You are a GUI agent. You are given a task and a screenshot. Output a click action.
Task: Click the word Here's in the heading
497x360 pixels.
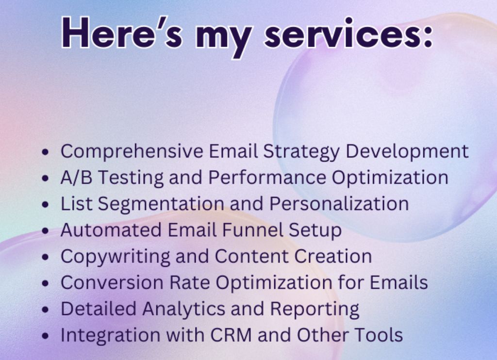point(122,33)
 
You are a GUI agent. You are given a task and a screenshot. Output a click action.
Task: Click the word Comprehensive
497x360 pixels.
point(132,151)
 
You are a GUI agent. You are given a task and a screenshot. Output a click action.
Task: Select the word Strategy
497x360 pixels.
point(301,151)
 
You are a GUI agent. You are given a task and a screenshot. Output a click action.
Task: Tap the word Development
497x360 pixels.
point(407,151)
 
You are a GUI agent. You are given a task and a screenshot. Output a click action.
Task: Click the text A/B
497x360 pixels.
point(76,177)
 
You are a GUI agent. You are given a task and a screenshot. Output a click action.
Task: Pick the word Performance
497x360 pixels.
point(267,177)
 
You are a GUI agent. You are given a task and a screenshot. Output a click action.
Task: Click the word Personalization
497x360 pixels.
point(339,203)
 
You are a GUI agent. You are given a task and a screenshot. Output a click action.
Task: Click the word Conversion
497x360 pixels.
point(112,282)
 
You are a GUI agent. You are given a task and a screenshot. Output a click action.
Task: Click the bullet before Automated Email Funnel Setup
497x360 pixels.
point(46,230)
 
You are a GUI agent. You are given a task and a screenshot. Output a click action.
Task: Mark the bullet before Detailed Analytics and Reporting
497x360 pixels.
point(46,309)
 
